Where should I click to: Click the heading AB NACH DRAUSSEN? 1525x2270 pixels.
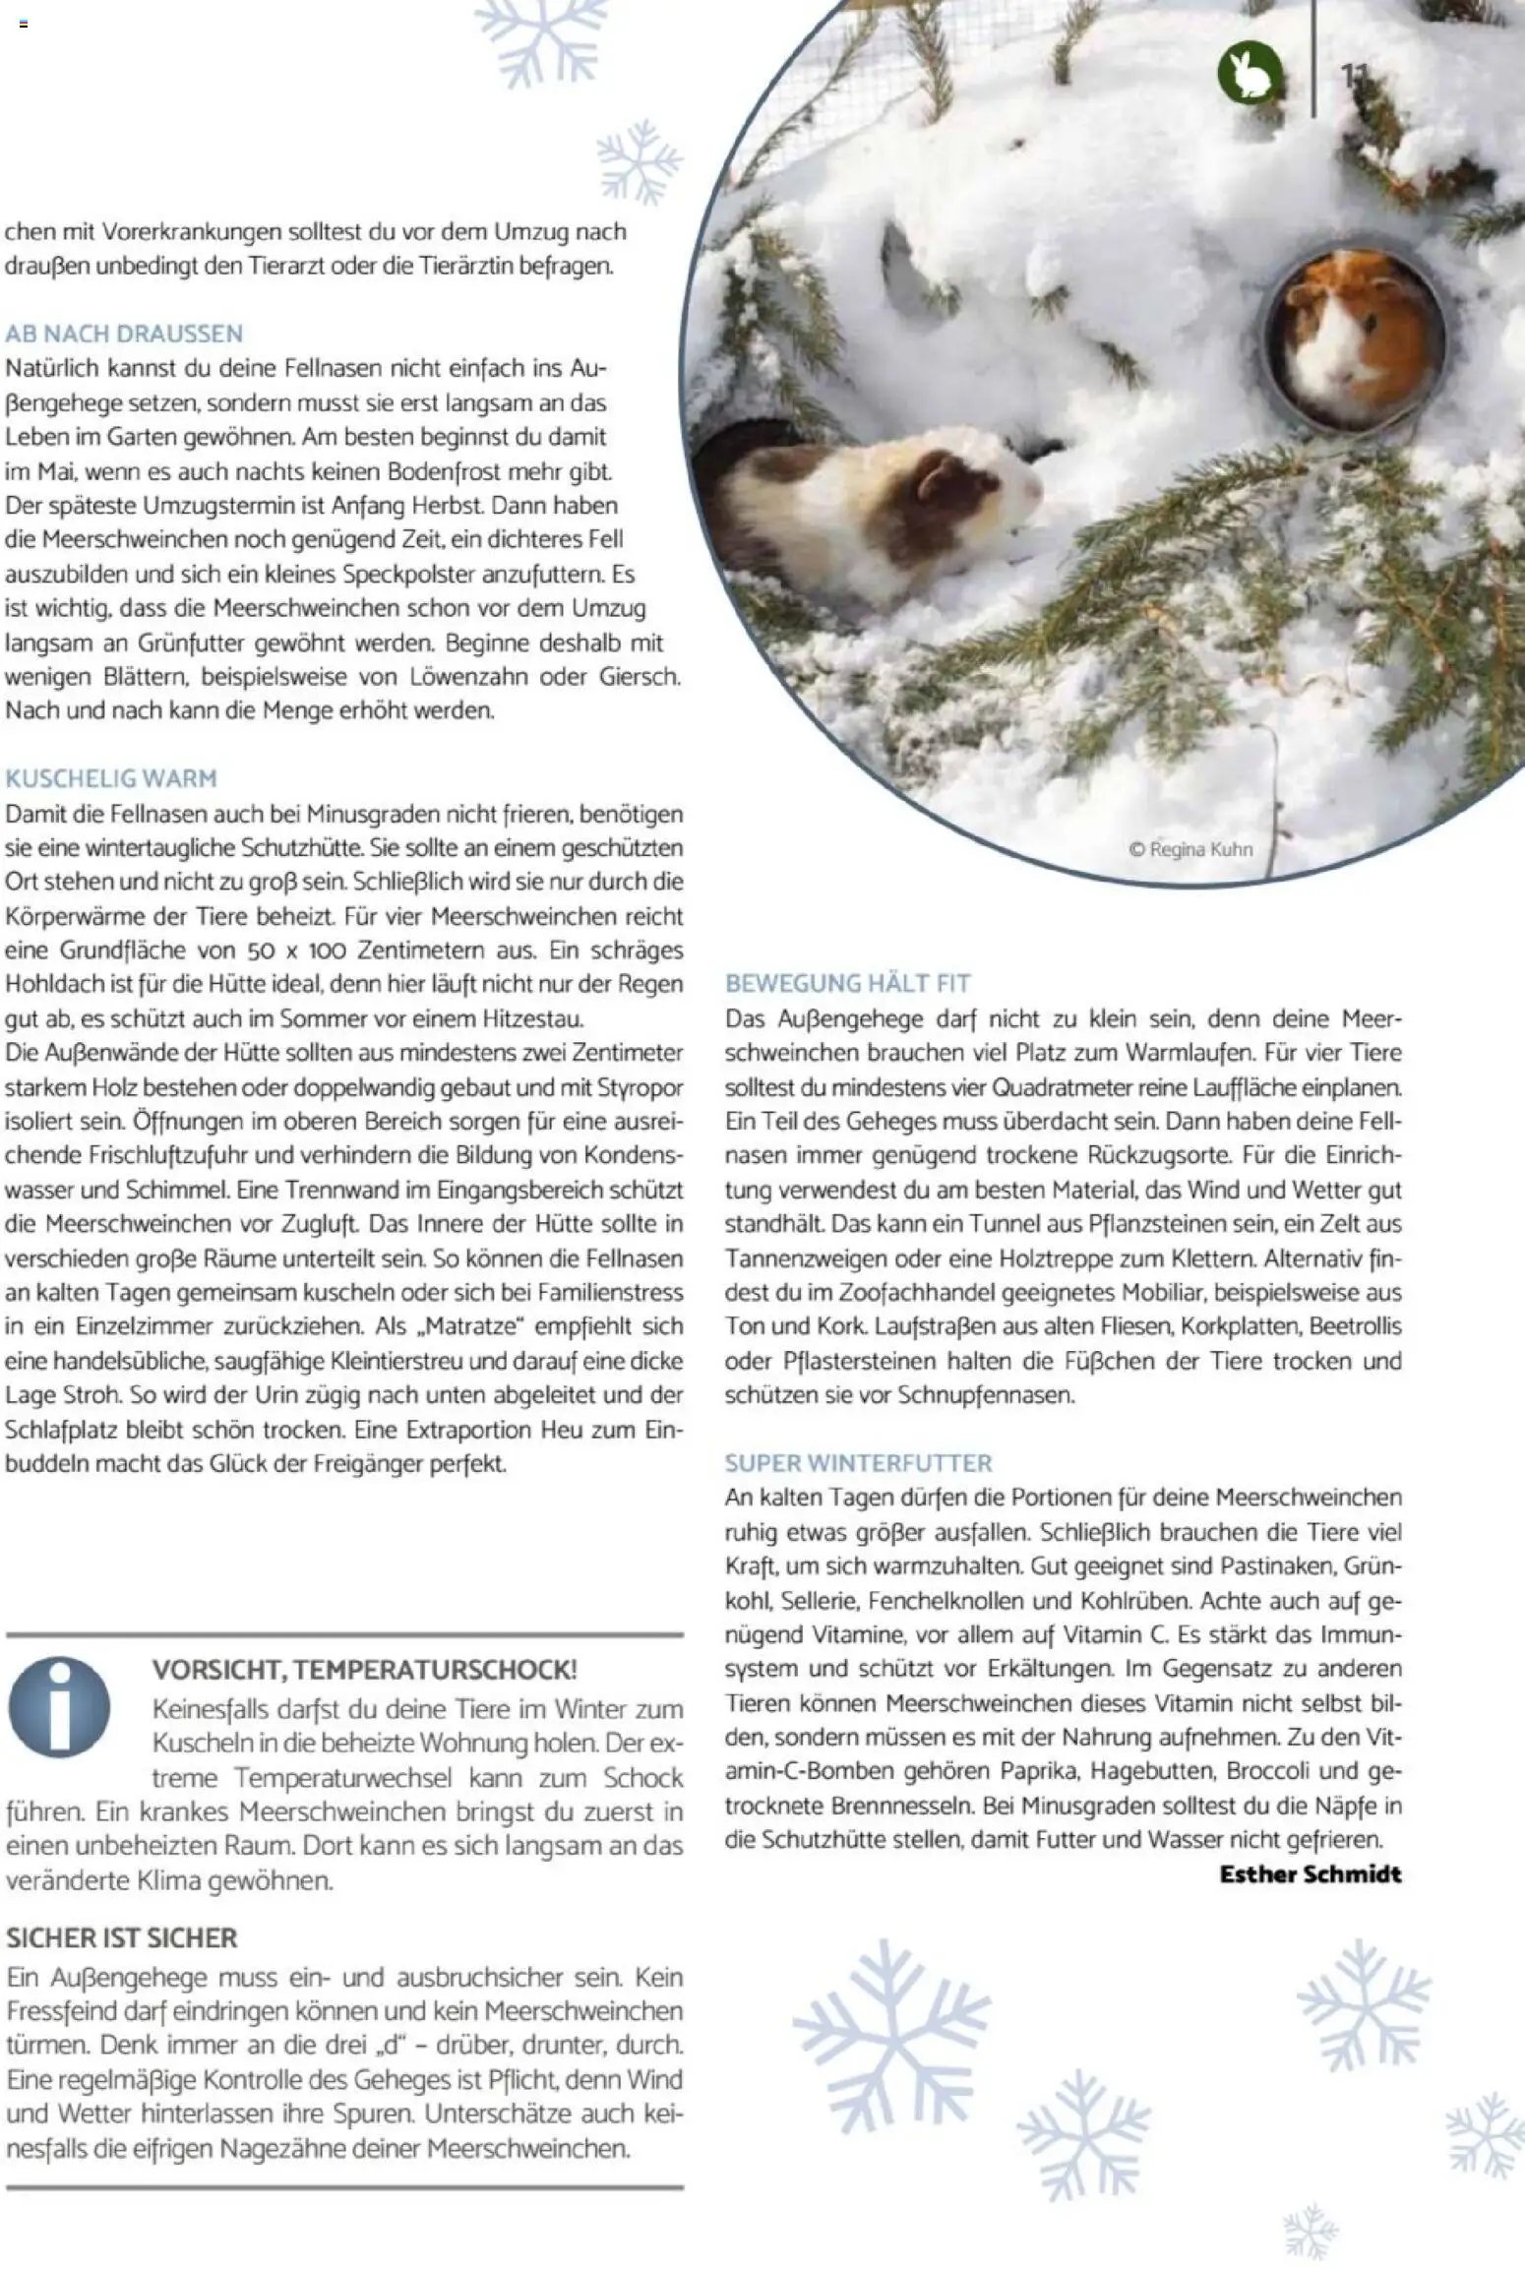pyautogui.click(x=124, y=334)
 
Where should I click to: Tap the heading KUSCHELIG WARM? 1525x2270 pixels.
pyautogui.click(x=111, y=778)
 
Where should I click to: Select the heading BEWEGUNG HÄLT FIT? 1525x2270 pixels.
pyautogui.click(x=847, y=983)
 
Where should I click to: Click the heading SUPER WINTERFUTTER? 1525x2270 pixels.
pyautogui.click(x=858, y=1463)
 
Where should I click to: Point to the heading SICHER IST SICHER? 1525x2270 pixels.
pyautogui.click(x=122, y=1938)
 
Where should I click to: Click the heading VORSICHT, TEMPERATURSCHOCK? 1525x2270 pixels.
pyautogui.click(x=364, y=1670)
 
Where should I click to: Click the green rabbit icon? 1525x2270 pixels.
pyautogui.click(x=1250, y=74)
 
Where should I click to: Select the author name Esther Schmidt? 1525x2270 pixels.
pyautogui.click(x=1310, y=1873)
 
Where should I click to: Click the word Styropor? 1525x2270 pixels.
pyautogui.click(x=640, y=1088)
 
